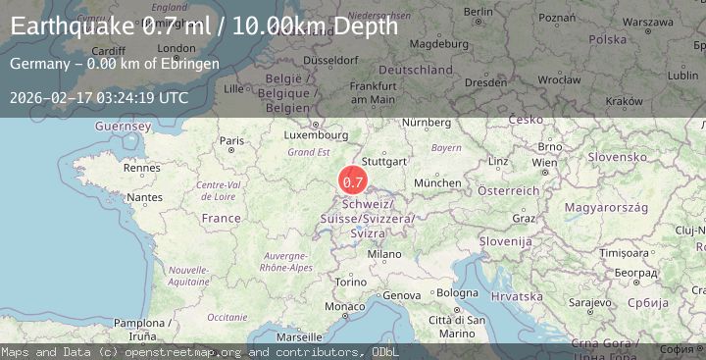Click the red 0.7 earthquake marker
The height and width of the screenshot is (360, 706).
353,181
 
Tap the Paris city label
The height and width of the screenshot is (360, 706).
232,141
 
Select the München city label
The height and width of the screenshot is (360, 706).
437,182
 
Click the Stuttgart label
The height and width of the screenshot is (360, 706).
384,160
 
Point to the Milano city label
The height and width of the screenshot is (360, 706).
384,254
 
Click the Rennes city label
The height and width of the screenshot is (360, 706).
141,168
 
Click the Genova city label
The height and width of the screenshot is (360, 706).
401,295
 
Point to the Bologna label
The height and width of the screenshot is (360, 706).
457,292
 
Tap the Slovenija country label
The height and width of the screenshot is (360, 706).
506,240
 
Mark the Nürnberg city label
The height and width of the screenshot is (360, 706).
425,122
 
